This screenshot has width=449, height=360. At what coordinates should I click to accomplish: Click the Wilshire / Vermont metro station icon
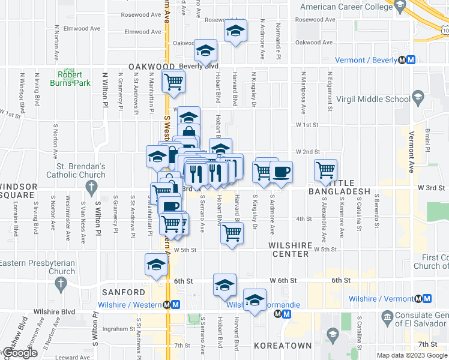pos(427,298)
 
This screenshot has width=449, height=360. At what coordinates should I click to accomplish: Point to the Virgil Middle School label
pos(381,100)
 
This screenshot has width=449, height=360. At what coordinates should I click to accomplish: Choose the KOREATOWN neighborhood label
pos(282,346)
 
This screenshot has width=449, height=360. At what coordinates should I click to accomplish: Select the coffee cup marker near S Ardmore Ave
pos(280,173)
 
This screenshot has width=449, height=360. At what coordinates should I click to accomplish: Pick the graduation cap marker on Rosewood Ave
pos(235,31)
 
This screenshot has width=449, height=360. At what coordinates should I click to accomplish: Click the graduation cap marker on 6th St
pos(224,284)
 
